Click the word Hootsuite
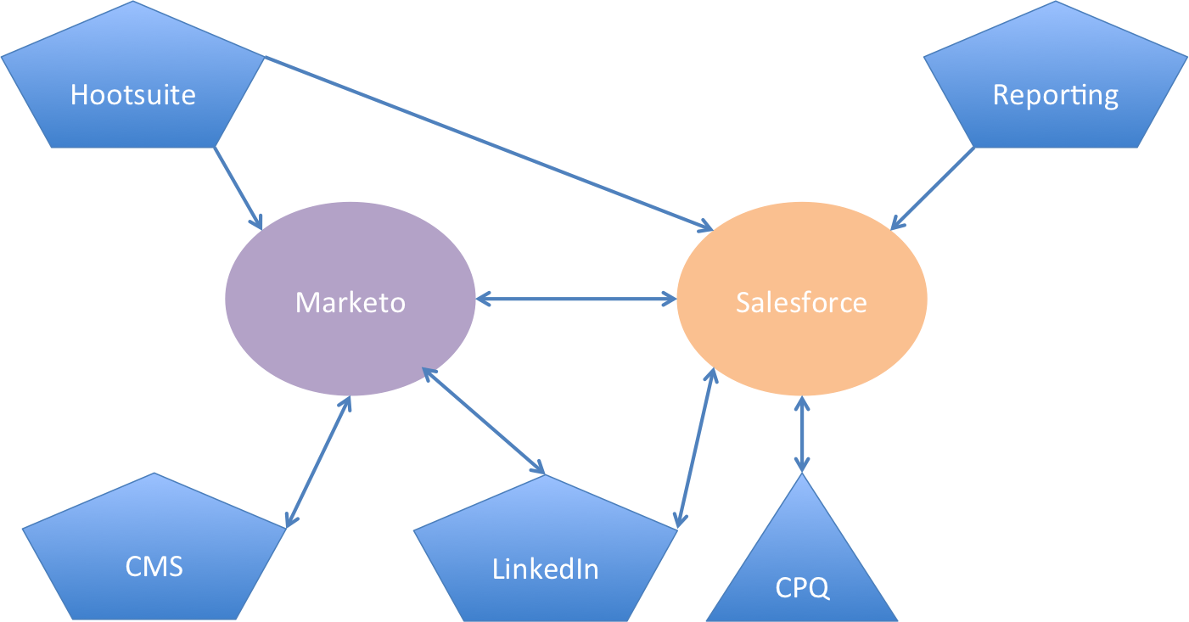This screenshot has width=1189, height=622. pyautogui.click(x=133, y=94)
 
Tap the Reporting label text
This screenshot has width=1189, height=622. pyautogui.click(x=1055, y=95)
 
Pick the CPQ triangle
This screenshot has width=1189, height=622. pyautogui.click(x=802, y=569)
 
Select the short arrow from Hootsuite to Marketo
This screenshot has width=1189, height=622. pyautogui.click(x=238, y=188)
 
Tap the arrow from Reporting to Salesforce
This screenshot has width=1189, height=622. pyautogui.click(x=934, y=188)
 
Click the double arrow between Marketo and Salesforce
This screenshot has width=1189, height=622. pyautogui.click(x=576, y=299)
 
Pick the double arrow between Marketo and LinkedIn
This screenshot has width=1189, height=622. pyautogui.click(x=484, y=421)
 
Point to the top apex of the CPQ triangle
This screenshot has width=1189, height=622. pyautogui.click(x=802, y=476)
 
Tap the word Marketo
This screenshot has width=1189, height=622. pyautogui.click(x=350, y=302)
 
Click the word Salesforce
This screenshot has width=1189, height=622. pyautogui.click(x=801, y=303)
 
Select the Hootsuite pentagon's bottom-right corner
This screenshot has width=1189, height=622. pyautogui.click(x=215, y=147)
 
